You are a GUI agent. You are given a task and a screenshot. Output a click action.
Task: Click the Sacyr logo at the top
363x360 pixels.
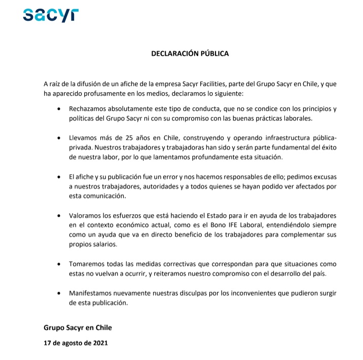[51, 15]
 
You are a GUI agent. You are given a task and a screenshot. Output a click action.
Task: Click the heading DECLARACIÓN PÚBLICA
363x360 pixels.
[190, 53]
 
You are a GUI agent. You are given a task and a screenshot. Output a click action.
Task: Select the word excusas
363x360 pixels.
[323, 177]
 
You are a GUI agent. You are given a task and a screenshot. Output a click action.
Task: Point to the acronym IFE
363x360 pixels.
[229, 225]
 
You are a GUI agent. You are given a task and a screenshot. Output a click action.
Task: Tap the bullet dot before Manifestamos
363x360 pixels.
[60, 294]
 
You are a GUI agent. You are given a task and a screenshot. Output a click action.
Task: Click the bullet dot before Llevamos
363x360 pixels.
[60, 138]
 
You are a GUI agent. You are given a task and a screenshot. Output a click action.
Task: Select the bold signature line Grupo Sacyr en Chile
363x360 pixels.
[78, 328]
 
